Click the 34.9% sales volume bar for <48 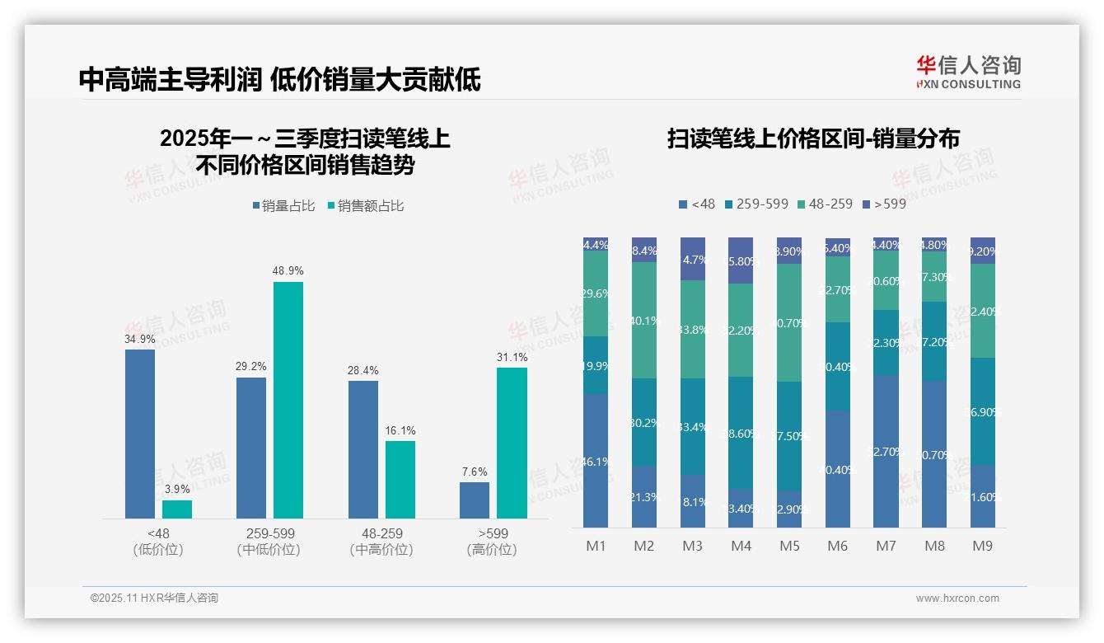[140, 434]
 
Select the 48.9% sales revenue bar [288, 400]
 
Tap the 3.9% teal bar [177, 509]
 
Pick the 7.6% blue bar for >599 [475, 500]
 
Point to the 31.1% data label [512, 358]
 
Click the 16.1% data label [400, 430]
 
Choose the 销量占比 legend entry [284, 206]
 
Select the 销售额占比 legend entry [366, 206]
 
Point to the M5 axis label [789, 546]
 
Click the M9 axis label [983, 546]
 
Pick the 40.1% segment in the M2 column [644, 320]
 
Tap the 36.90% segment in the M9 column [983, 411]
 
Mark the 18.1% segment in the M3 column [693, 500]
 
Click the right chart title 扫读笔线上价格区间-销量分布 [813, 138]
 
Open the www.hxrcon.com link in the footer [957, 598]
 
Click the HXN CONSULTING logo [969, 73]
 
